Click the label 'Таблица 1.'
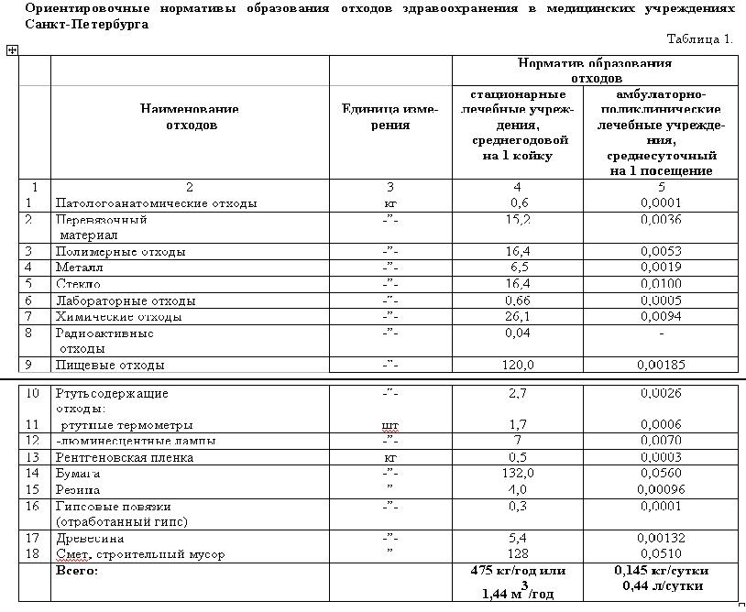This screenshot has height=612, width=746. (x=700, y=38)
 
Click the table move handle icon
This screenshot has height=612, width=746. (x=12, y=50)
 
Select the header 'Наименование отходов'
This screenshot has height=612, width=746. (x=190, y=116)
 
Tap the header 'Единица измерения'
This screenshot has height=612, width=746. (x=389, y=116)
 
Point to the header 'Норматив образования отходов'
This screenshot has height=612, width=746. (x=595, y=70)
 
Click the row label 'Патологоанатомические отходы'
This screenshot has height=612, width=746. (x=156, y=202)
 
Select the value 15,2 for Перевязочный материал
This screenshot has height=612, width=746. (x=519, y=220)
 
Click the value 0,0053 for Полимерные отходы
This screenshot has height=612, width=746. (x=660, y=251)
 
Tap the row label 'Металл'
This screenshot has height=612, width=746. (x=80, y=268)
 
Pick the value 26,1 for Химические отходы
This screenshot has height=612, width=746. (x=519, y=317)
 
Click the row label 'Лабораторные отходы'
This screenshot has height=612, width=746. (x=126, y=301)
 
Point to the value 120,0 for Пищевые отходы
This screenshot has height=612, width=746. (x=519, y=365)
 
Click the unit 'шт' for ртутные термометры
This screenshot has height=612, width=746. (x=389, y=425)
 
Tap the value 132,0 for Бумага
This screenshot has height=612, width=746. (x=519, y=474)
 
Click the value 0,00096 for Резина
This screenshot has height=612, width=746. (x=660, y=490)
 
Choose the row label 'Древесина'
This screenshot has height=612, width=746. (x=91, y=539)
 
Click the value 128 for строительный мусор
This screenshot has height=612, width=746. (x=519, y=554)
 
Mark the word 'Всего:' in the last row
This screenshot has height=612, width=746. (x=77, y=570)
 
